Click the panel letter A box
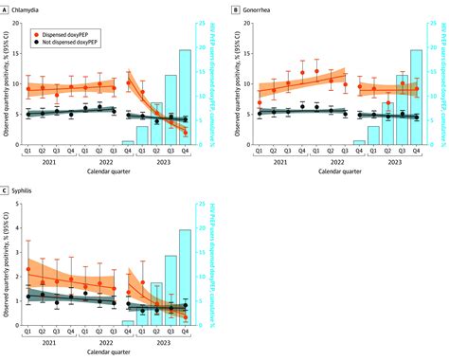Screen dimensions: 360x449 click(x=7, y=7)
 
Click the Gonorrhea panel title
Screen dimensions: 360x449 click(x=265, y=7)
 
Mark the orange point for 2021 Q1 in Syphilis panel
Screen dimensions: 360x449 click(x=28, y=269)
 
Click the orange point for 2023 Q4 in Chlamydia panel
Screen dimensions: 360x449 click(x=186, y=133)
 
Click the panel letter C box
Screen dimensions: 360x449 click(x=7, y=189)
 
